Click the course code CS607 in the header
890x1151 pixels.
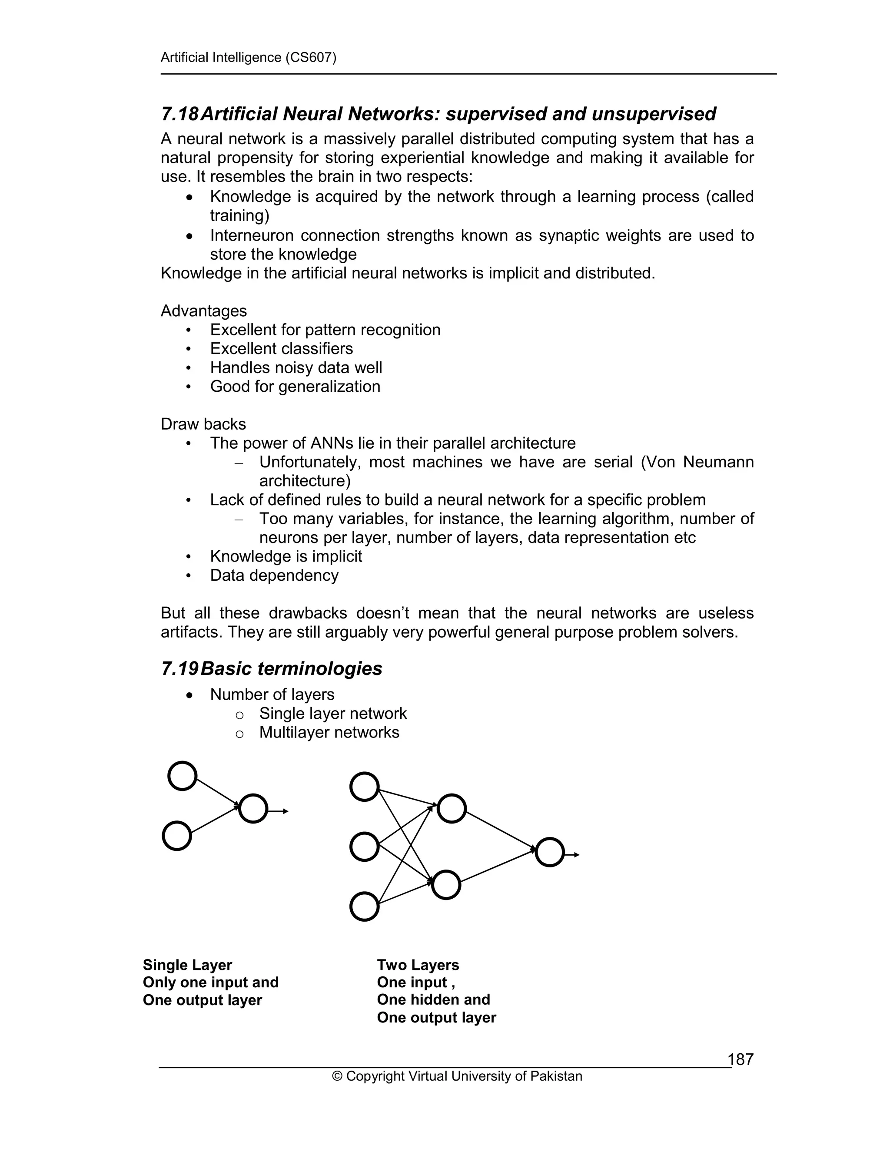pyautogui.click(x=310, y=57)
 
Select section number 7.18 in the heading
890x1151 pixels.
pyautogui.click(x=179, y=114)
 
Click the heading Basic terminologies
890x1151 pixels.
pyautogui.click(x=292, y=668)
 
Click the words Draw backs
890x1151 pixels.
pyautogui.click(x=203, y=424)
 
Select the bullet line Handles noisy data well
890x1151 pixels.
pyautogui.click(x=296, y=367)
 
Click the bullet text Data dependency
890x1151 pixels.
pyautogui.click(x=274, y=575)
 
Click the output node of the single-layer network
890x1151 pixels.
pyautogui.click(x=253, y=808)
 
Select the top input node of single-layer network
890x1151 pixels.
pyautogui.click(x=183, y=776)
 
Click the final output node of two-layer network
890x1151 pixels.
pyautogui.click(x=549, y=852)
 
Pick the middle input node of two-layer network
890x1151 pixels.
pyautogui.click(x=364, y=847)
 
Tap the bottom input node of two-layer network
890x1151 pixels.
pyautogui.click(x=364, y=906)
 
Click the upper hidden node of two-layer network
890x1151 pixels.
pyautogui.click(x=452, y=808)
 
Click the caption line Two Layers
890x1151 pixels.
pyautogui.click(x=418, y=965)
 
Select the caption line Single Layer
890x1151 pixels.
pyautogui.click(x=187, y=965)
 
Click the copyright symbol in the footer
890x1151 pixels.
pyautogui.click(x=337, y=1076)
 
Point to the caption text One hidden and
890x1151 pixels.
pyautogui.click(x=433, y=999)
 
